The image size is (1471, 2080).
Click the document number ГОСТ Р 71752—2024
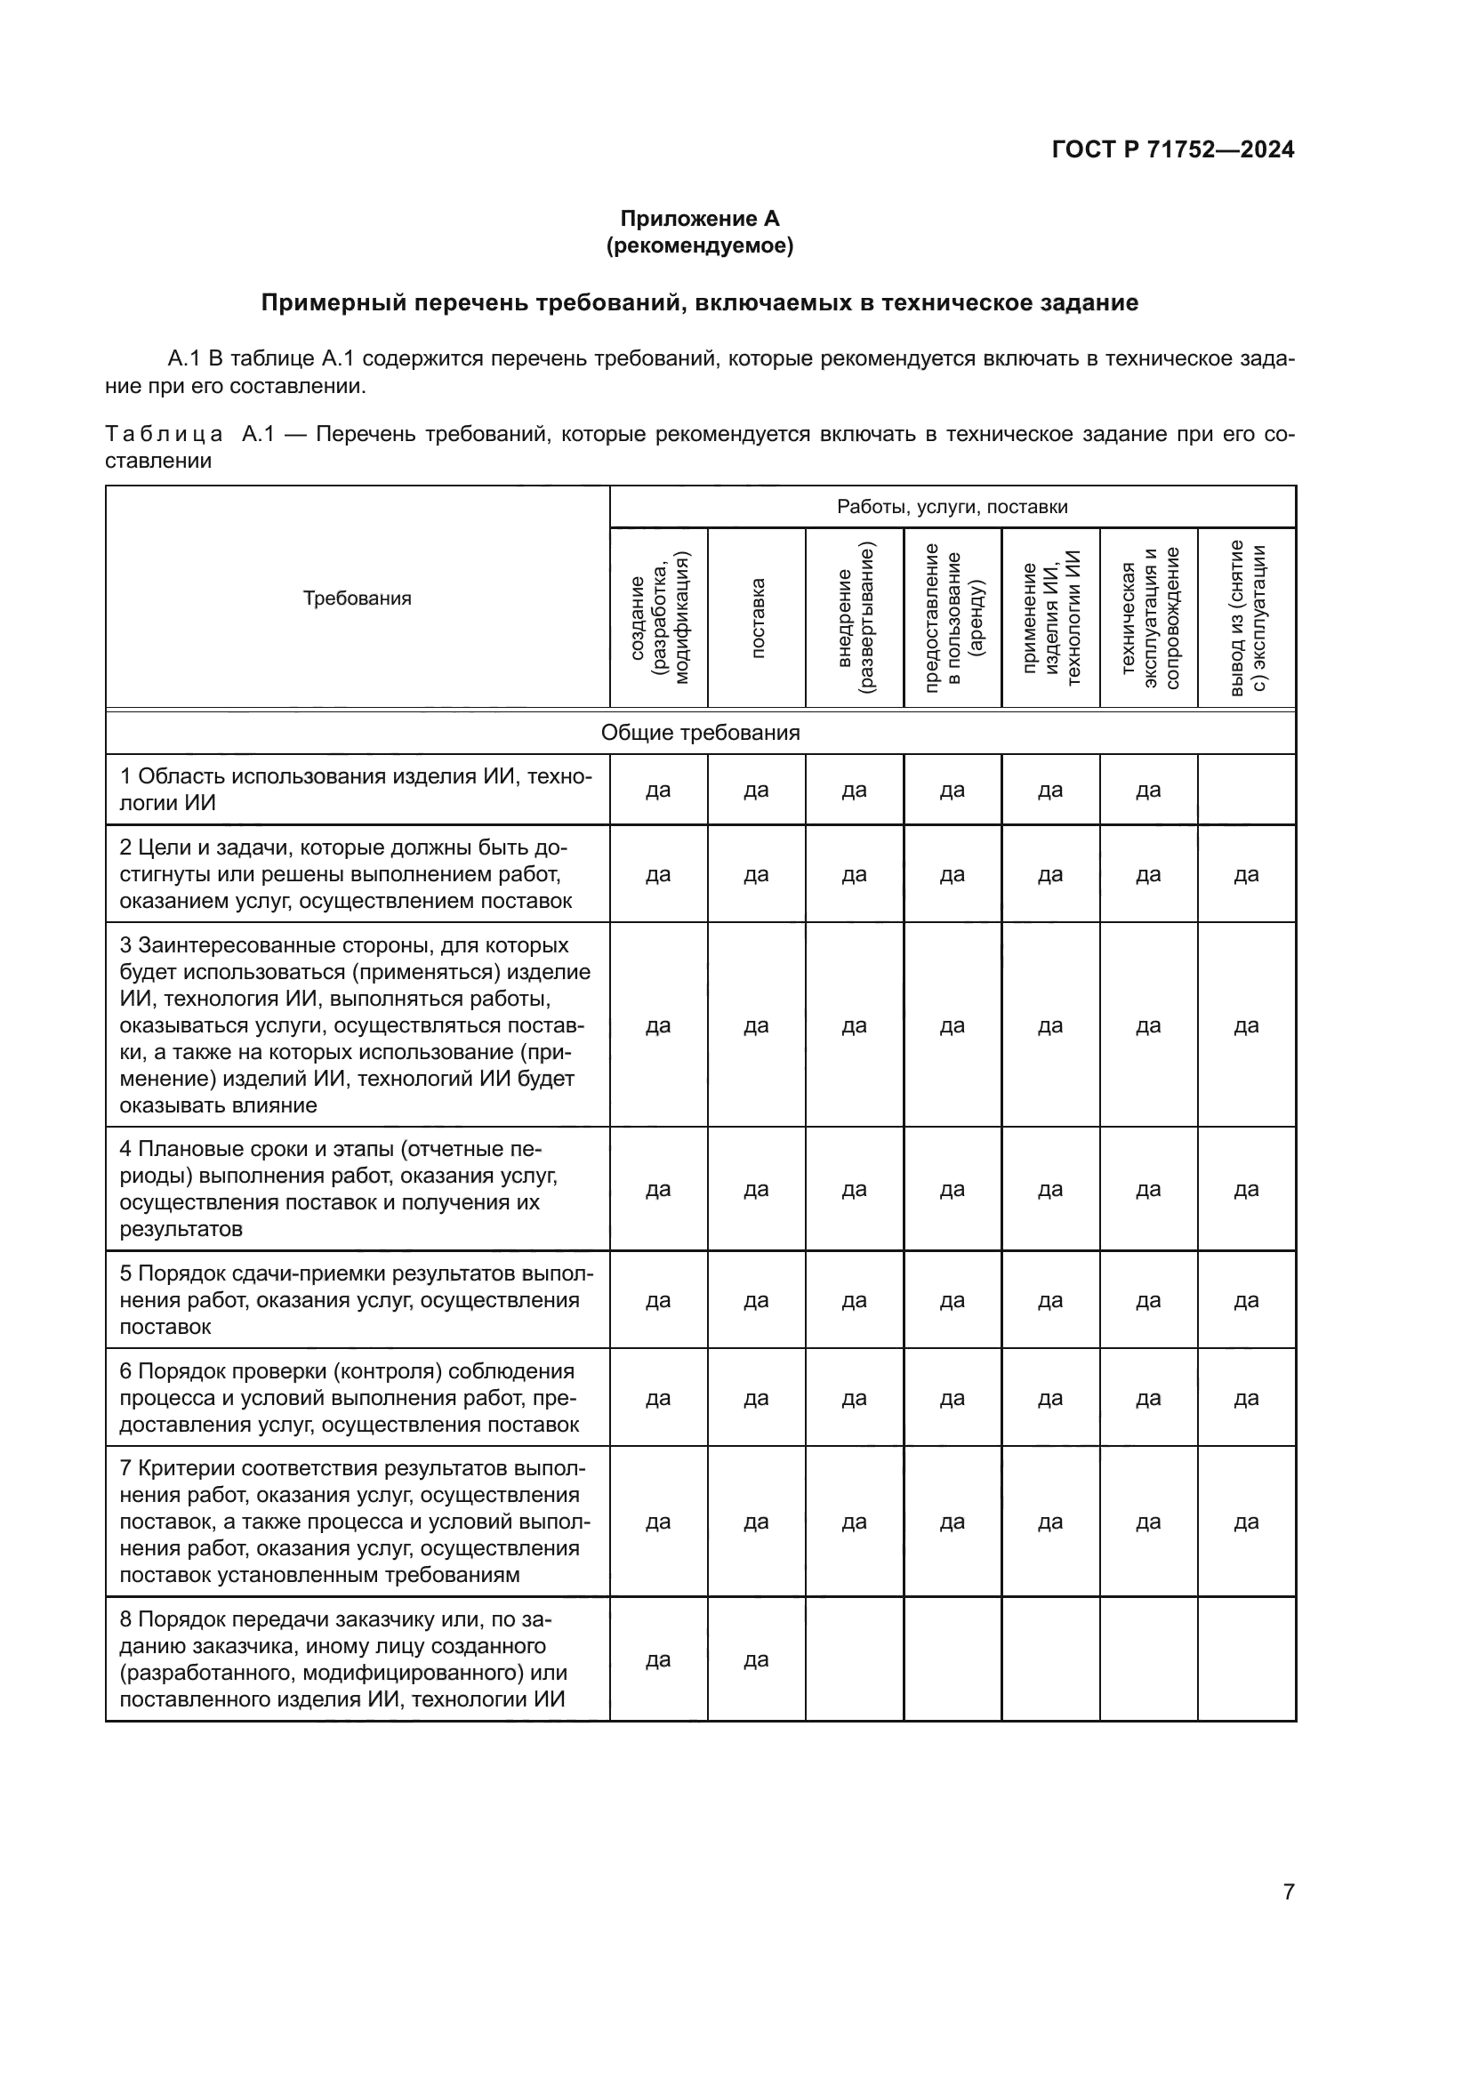tap(1172, 149)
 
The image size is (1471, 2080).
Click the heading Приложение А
tap(699, 219)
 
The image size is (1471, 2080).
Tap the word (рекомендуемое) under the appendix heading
tap(699, 245)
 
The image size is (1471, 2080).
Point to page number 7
tap(1288, 1891)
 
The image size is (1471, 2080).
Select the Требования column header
tap(357, 598)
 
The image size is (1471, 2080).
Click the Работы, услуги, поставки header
tap(952, 506)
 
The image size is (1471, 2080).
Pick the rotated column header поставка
tap(757, 617)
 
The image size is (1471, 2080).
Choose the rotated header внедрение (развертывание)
tap(855, 617)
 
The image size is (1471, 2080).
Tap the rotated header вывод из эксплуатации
tap(1247, 617)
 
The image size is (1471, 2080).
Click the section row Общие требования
tap(700, 732)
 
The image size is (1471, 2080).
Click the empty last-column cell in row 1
tap(1246, 790)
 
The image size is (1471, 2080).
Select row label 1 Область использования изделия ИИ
tap(356, 789)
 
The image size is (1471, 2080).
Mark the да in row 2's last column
tap(1246, 874)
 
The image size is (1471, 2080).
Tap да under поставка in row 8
tap(756, 1659)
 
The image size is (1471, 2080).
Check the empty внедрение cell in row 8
tap(854, 1659)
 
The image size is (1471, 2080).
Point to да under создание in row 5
tap(658, 1300)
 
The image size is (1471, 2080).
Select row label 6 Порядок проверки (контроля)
tap(349, 1398)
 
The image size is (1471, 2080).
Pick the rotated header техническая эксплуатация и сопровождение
tap(1149, 617)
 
